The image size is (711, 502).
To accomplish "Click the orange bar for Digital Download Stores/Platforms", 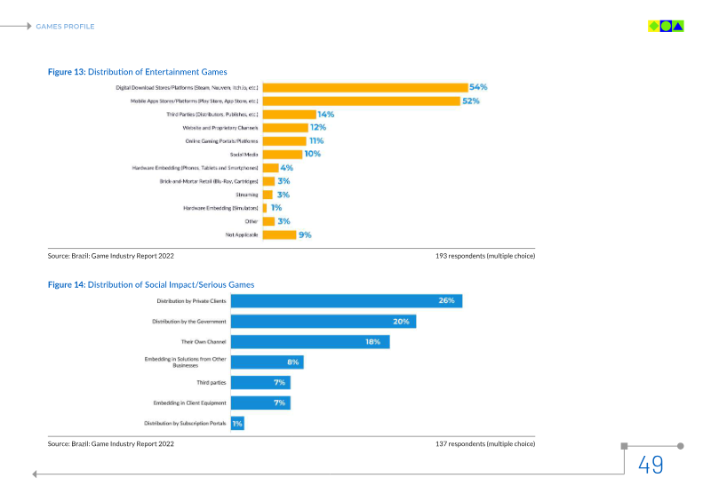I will pyautogui.click(x=365, y=87).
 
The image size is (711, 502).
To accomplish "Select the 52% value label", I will pyautogui.click(x=470, y=100).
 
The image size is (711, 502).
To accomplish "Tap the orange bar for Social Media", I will pyautogui.click(x=282, y=154).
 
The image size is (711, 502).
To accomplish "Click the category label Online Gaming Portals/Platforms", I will pyautogui.click(x=221, y=141).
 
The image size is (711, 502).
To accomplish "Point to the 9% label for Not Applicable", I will pyautogui.click(x=305, y=235).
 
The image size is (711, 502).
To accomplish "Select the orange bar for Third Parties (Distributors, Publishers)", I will pyautogui.click(x=289, y=115).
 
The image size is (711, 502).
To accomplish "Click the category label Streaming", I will pyautogui.click(x=247, y=195).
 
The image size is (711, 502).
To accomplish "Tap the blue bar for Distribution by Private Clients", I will pyautogui.click(x=347, y=301).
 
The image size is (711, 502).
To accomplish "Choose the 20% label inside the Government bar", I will pyautogui.click(x=401, y=322).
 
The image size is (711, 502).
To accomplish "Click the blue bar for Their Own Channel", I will pyautogui.click(x=310, y=342).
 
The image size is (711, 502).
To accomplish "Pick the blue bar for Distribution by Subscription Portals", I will pyautogui.click(x=237, y=424).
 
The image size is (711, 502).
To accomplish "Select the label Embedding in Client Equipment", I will pyautogui.click(x=190, y=403).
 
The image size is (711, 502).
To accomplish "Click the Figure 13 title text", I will pyautogui.click(x=137, y=72).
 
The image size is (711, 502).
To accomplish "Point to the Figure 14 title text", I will pyautogui.click(x=150, y=284).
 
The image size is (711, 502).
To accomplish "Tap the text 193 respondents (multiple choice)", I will pyautogui.click(x=485, y=256).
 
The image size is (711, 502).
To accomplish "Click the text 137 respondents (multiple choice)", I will pyautogui.click(x=485, y=442).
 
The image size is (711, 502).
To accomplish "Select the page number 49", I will pyautogui.click(x=651, y=465).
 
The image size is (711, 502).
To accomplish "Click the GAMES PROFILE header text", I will pyautogui.click(x=65, y=27).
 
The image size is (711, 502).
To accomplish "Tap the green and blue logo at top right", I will pyautogui.click(x=666, y=26).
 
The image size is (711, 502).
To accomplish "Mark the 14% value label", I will pyautogui.click(x=325, y=115).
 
